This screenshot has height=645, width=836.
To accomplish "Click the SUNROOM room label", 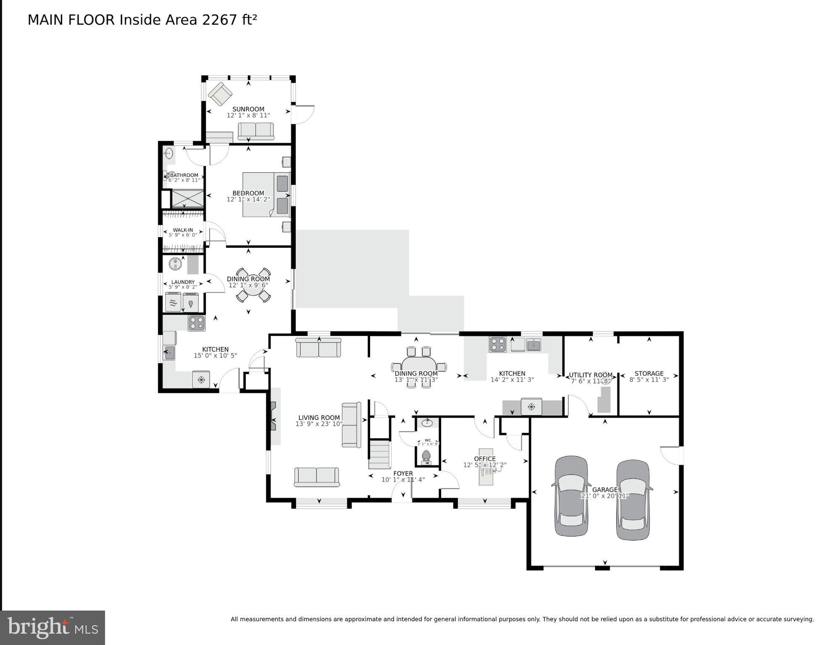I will pyautogui.click(x=248, y=109).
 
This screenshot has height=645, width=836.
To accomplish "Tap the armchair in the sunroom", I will pyautogui.click(x=220, y=94).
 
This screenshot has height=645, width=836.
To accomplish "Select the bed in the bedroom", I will pyautogui.click(x=266, y=194).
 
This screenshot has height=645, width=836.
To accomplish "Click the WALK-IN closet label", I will pyautogui.click(x=183, y=230).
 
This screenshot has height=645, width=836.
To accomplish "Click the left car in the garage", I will pyautogui.click(x=571, y=496).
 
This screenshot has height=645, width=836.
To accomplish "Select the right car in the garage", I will pyautogui.click(x=633, y=500).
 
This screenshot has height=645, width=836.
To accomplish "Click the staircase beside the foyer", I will pyautogui.click(x=380, y=454).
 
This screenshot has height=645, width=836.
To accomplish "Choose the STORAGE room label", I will pyautogui.click(x=649, y=373).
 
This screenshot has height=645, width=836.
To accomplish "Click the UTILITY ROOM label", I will pyautogui.click(x=590, y=375).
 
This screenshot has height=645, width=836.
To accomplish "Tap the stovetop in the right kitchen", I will pyautogui.click(x=497, y=344).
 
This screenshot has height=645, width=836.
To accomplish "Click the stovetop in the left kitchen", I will pyautogui.click(x=196, y=323).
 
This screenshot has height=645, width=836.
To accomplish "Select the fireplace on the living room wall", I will pyautogui.click(x=273, y=416).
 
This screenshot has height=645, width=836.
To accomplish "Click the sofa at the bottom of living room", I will pyautogui.click(x=316, y=477).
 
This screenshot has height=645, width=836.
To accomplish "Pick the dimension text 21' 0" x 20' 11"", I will pyautogui.click(x=605, y=496).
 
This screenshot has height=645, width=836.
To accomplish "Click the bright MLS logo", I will pyautogui.click(x=53, y=627).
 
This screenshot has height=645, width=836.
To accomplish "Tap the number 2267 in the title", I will pyautogui.click(x=219, y=20).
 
